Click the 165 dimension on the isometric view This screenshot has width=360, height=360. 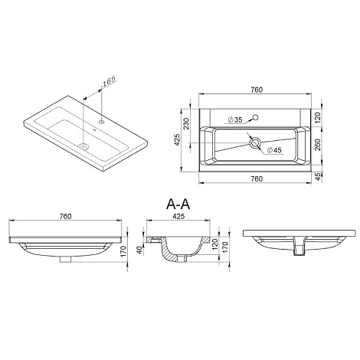click(109, 80)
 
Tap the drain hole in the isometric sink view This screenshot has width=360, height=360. click(83, 146)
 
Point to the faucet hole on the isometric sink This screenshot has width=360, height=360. click(102, 122)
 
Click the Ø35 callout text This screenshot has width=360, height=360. click(234, 119)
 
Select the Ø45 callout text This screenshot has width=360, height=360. click(274, 150)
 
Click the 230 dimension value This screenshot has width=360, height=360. click(187, 123)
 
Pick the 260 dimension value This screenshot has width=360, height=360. click(318, 145)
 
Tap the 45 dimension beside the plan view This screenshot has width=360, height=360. click(318, 177)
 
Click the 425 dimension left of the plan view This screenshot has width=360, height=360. click(177, 140)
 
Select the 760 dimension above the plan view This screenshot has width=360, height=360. click(257, 90)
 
